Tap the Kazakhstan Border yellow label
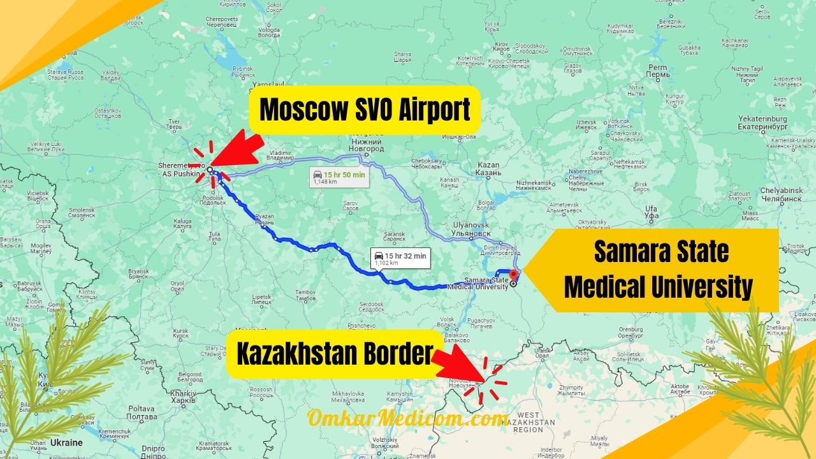pyautogui.click(x=334, y=354)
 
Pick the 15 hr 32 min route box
pyautogui.click(x=400, y=259)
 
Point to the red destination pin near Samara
pyautogui.click(x=515, y=275)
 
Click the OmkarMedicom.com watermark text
pyautogui.click(x=408, y=418)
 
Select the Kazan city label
pyautogui.click(x=488, y=169)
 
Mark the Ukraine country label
pyautogui.click(x=67, y=442)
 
